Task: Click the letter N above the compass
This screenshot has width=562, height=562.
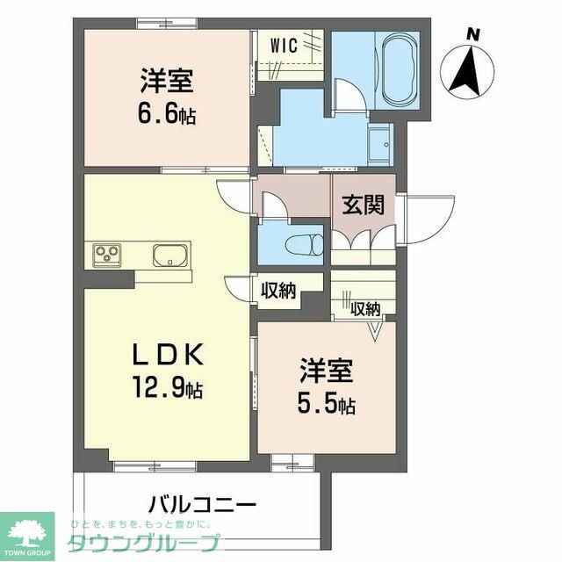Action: tap(473, 34)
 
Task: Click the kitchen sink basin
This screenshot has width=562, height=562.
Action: tap(169, 256)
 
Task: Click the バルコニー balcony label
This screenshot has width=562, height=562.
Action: tap(202, 506)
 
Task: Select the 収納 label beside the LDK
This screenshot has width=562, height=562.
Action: tap(278, 291)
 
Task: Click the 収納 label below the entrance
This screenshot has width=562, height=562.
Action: tap(365, 308)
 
